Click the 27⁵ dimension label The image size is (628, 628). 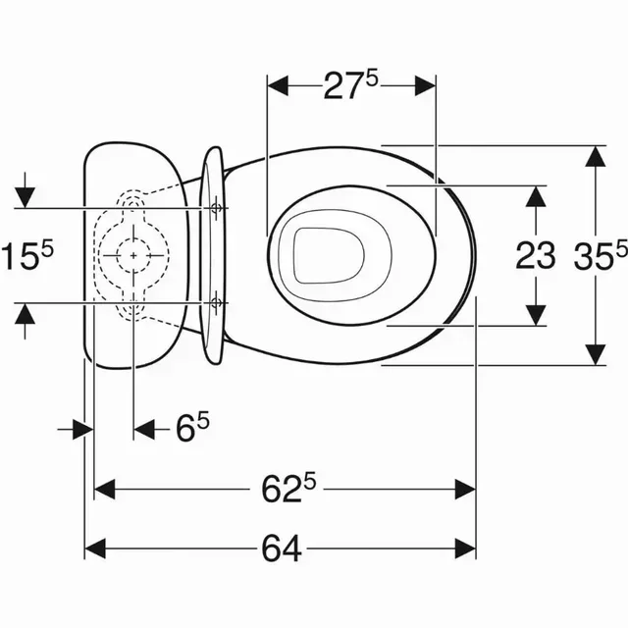click(351, 85)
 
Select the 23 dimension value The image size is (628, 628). click(536, 255)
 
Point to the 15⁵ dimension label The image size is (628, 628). click(26, 255)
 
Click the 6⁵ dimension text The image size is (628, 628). click(192, 429)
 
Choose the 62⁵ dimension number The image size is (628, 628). click(288, 489)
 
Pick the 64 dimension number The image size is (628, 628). click(282, 549)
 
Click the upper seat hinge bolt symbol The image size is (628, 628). click(216, 208)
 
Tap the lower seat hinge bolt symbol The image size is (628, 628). click(216, 303)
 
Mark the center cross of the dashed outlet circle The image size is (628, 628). click(133, 255)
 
